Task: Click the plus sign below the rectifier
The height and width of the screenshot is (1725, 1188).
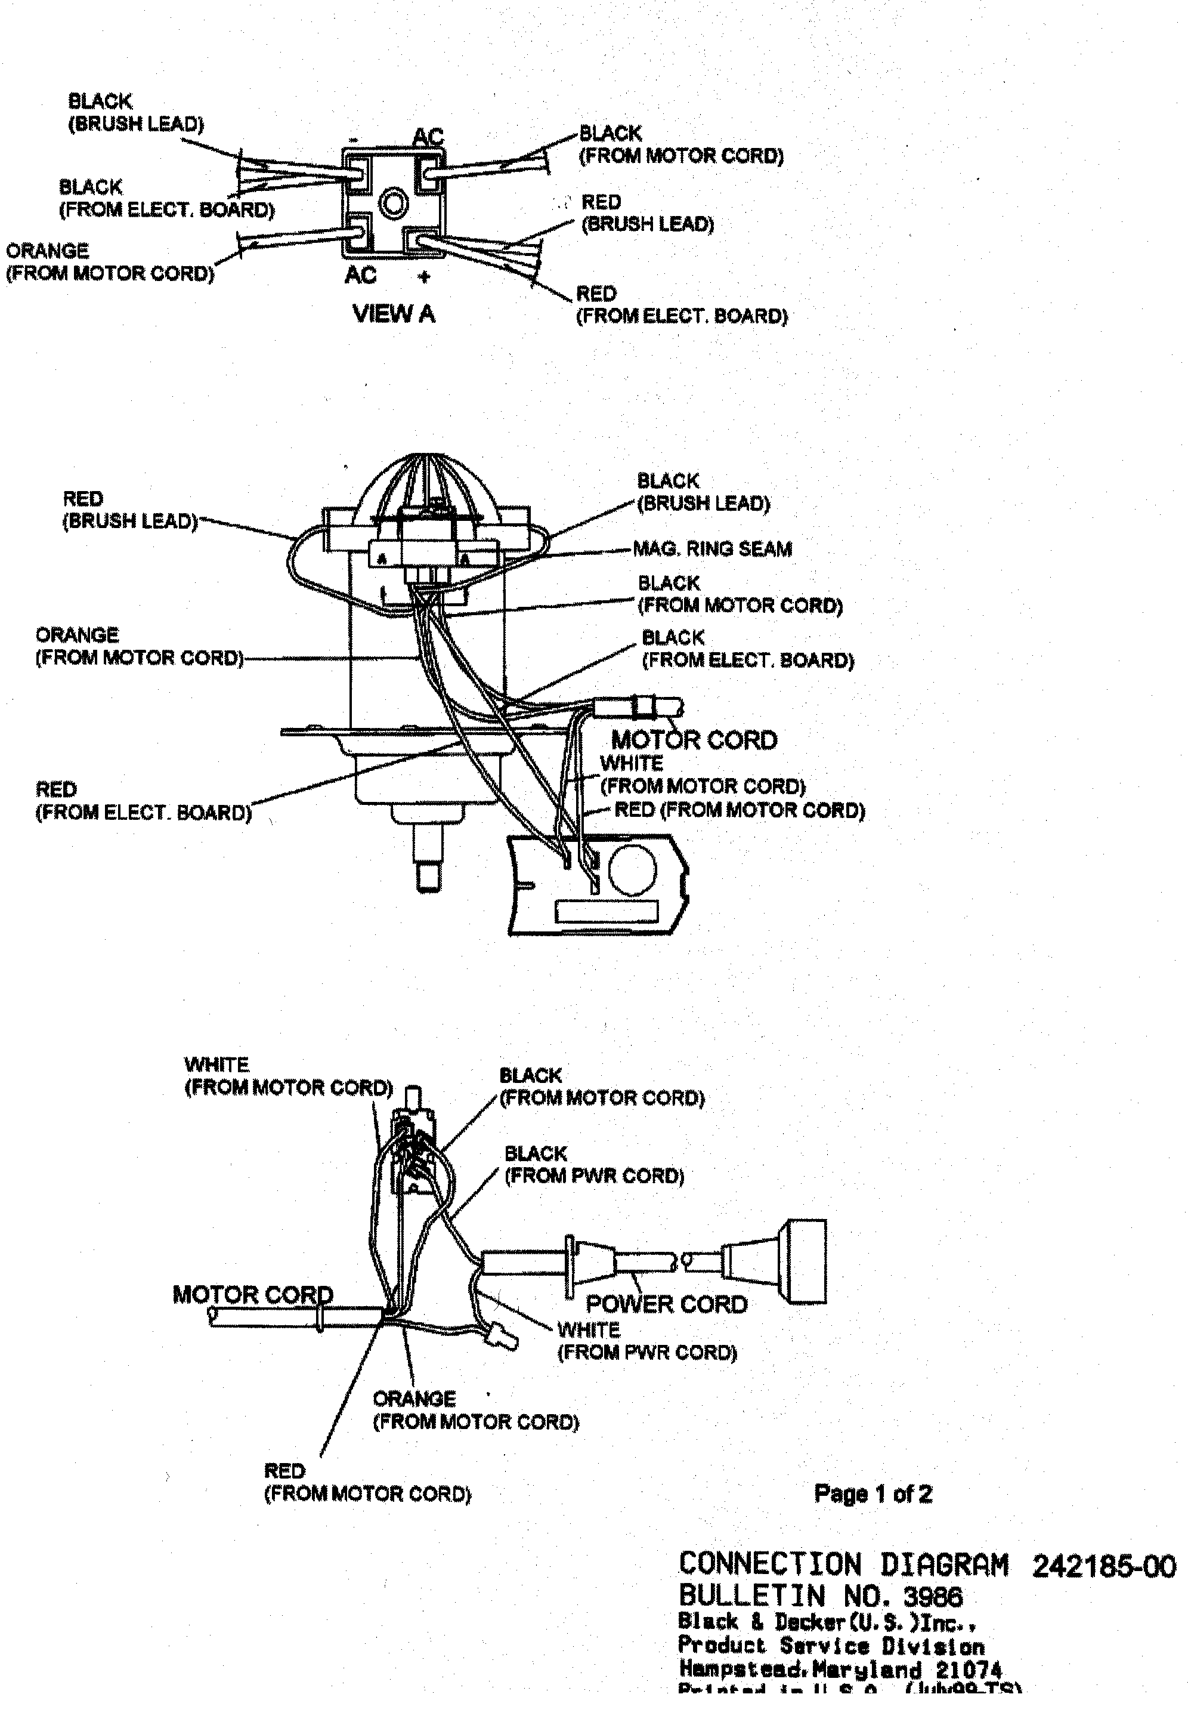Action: pyautogui.click(x=423, y=277)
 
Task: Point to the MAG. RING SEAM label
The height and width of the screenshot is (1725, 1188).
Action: pyautogui.click(x=711, y=550)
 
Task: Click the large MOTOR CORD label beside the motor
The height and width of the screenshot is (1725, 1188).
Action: pyautogui.click(x=694, y=739)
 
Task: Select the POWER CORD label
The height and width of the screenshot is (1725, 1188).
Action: pyautogui.click(x=666, y=1304)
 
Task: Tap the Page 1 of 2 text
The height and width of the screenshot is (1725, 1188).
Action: pyautogui.click(x=873, y=1493)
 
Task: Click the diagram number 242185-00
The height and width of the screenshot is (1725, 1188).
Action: pyautogui.click(x=1103, y=1566)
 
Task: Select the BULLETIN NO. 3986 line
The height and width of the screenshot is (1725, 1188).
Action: pyautogui.click(x=820, y=1596)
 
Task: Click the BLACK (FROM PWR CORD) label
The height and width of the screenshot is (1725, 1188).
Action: pyautogui.click(x=593, y=1164)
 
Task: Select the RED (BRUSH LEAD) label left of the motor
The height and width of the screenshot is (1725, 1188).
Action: pyautogui.click(x=129, y=510)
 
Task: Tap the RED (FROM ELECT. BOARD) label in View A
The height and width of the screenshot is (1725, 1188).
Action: pyautogui.click(x=680, y=304)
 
